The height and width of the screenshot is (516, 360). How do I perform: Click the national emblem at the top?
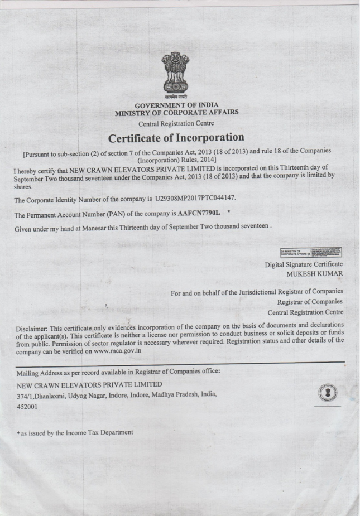click(x=177, y=73)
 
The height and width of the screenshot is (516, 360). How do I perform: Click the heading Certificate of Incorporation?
click(x=176, y=137)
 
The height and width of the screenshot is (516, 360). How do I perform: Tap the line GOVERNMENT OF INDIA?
click(x=176, y=104)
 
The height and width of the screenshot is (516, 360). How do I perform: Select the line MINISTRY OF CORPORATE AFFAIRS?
click(x=176, y=112)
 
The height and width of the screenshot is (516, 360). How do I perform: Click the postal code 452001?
click(x=25, y=407)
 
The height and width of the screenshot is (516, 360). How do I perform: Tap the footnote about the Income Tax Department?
click(x=74, y=432)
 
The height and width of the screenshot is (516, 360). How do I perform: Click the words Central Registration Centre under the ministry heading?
click(x=176, y=123)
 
